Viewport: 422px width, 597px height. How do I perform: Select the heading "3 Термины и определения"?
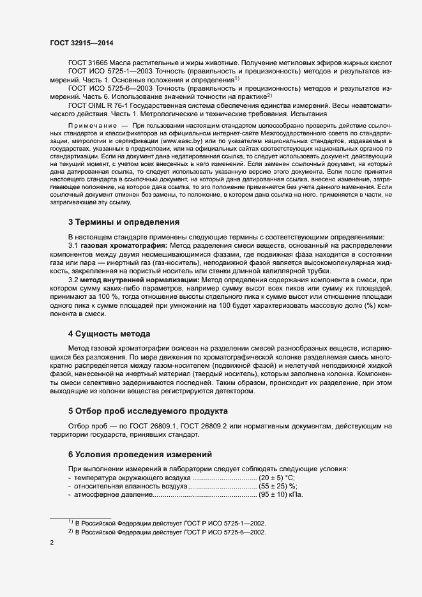[124, 222]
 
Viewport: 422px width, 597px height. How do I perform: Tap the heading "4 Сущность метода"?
[109, 334]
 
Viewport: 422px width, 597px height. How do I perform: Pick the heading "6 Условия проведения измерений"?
[139, 455]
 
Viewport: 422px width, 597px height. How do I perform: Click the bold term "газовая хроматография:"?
[114, 245]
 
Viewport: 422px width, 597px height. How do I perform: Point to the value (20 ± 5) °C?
[278, 478]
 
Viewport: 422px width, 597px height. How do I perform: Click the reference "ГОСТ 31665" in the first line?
[88, 63]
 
